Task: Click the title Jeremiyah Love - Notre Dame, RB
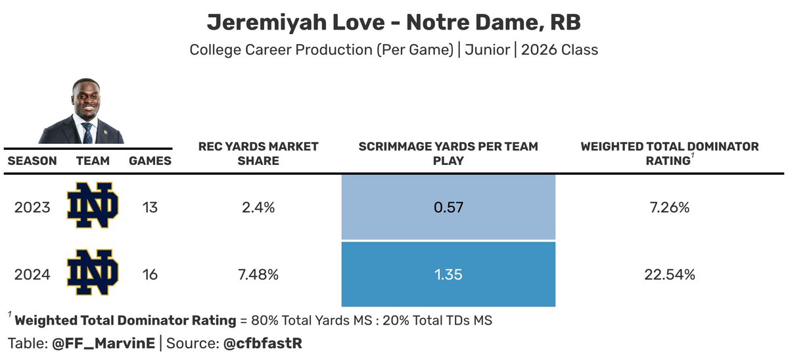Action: pyautogui.click(x=394, y=23)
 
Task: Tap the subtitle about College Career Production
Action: pyautogui.click(x=394, y=50)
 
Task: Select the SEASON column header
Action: pyautogui.click(x=32, y=160)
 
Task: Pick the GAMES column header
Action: pyautogui.click(x=150, y=160)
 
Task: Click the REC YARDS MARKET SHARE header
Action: pyautogui.click(x=258, y=154)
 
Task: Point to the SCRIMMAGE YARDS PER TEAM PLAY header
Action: pyautogui.click(x=448, y=154)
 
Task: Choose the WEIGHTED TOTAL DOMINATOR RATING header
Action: pyautogui.click(x=669, y=154)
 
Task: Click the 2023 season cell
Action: pyautogui.click(x=32, y=208)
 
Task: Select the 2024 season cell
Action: pyautogui.click(x=32, y=275)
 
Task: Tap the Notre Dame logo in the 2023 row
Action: pyautogui.click(x=92, y=206)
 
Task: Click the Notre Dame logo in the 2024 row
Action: pyautogui.click(x=92, y=273)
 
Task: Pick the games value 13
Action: pyautogui.click(x=150, y=208)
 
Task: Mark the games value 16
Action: pyautogui.click(x=150, y=275)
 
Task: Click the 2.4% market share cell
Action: pyautogui.click(x=258, y=208)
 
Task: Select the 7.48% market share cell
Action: pyautogui.click(x=258, y=275)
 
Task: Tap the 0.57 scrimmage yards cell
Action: pyautogui.click(x=448, y=208)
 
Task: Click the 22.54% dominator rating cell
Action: pyautogui.click(x=669, y=275)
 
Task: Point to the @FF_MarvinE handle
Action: pyautogui.click(x=103, y=343)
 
